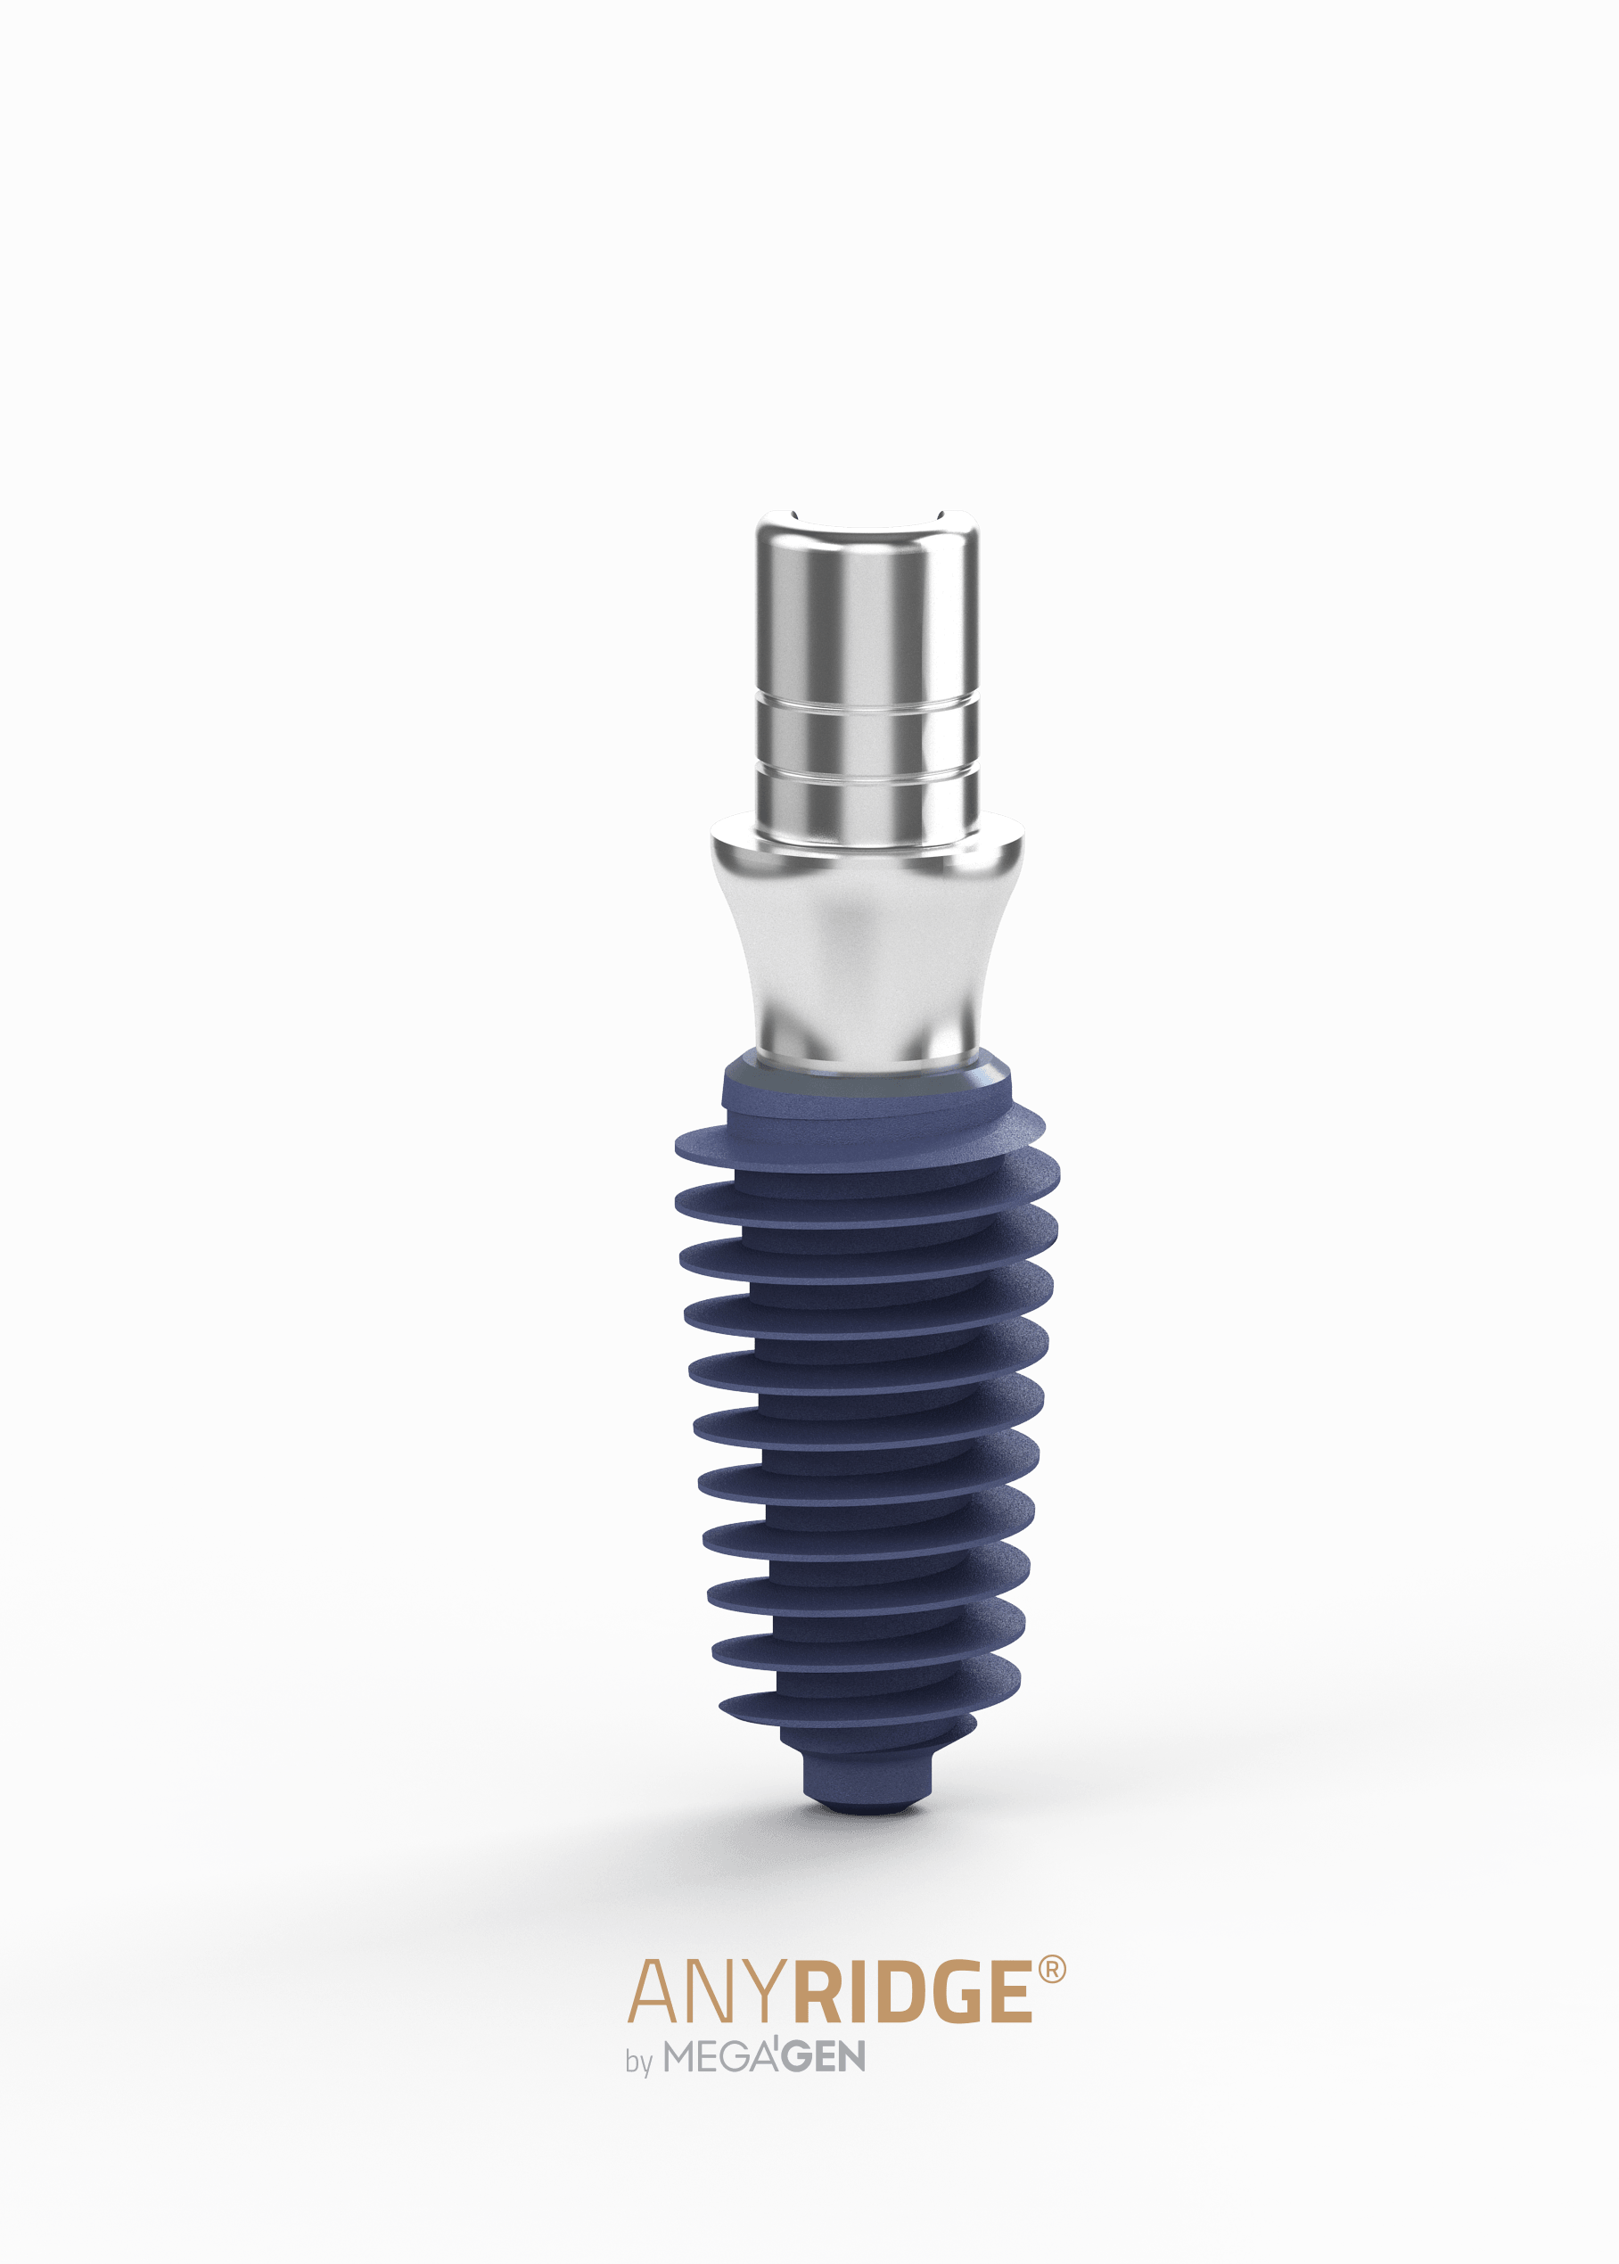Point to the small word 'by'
pos(638,2062)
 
